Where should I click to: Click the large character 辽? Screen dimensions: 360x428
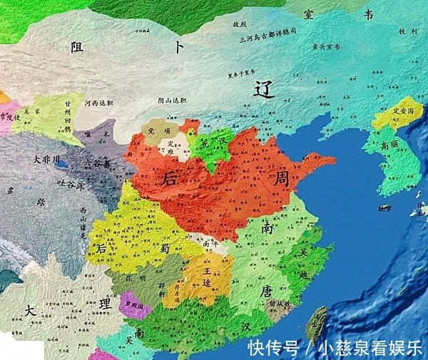pos(265,89)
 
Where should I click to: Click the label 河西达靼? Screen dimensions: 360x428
pos(98,103)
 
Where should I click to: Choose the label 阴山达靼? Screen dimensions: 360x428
pos(170,101)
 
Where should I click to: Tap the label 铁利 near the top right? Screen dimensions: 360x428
pos(407,31)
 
